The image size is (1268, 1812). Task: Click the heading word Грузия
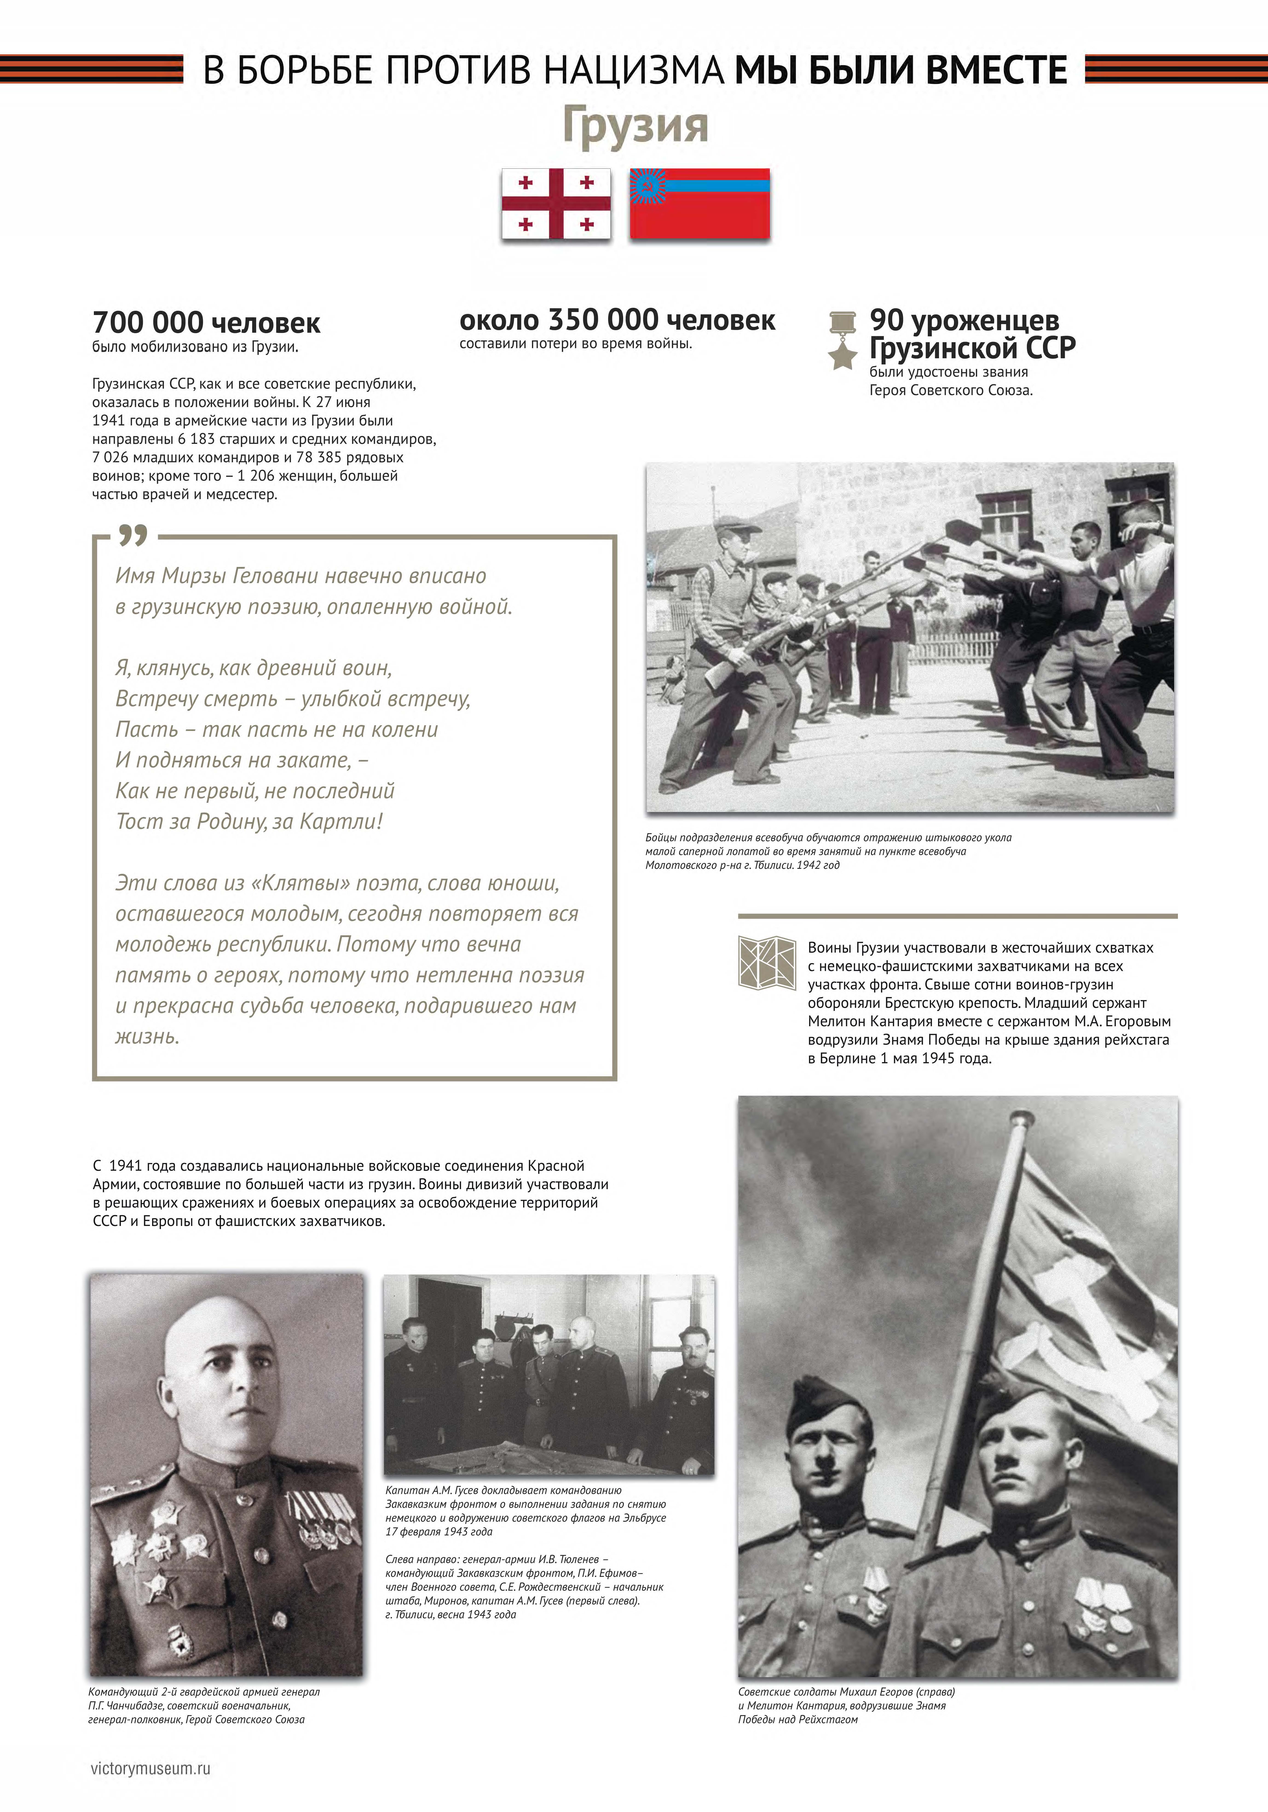635,125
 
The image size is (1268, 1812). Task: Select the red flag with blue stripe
699,204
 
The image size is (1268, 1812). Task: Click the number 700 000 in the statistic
148,323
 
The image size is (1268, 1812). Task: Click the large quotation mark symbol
133,537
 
